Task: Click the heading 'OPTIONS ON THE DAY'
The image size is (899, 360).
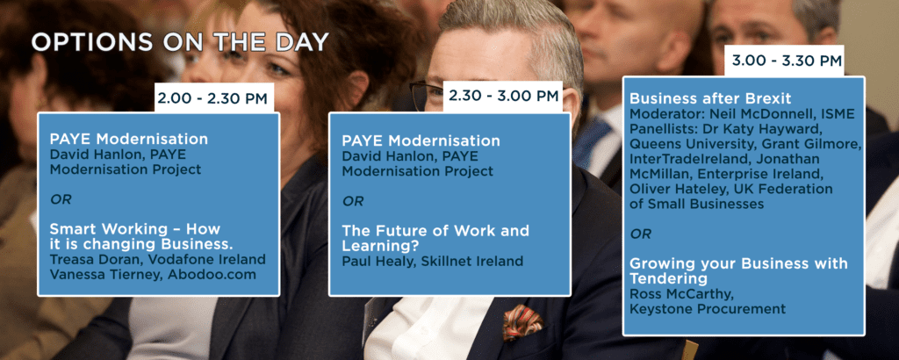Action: point(180,42)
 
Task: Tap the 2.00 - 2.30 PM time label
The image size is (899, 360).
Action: point(212,98)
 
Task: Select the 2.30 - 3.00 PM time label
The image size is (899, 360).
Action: point(502,95)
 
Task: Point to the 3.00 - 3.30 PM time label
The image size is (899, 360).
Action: point(783,61)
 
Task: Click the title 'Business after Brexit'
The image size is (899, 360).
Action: point(702,98)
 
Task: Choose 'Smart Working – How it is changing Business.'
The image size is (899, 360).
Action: point(141,236)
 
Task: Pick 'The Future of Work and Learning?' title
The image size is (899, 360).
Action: point(435,239)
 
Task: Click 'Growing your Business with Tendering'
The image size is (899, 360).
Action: point(738,271)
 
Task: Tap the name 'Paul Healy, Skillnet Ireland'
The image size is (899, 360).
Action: point(432,262)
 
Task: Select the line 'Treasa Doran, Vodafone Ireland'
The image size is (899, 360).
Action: point(158,260)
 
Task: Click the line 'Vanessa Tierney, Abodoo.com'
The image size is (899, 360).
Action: point(153,275)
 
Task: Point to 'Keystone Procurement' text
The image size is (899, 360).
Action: point(708,309)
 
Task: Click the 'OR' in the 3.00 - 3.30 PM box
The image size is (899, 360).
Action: point(640,234)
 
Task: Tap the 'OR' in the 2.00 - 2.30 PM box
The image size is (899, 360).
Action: point(61,199)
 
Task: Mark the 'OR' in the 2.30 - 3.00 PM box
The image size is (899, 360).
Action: point(353,201)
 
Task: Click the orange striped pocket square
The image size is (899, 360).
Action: point(521,321)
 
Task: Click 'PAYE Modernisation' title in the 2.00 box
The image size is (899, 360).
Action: point(128,139)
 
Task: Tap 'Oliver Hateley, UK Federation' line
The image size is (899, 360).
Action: point(731,189)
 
